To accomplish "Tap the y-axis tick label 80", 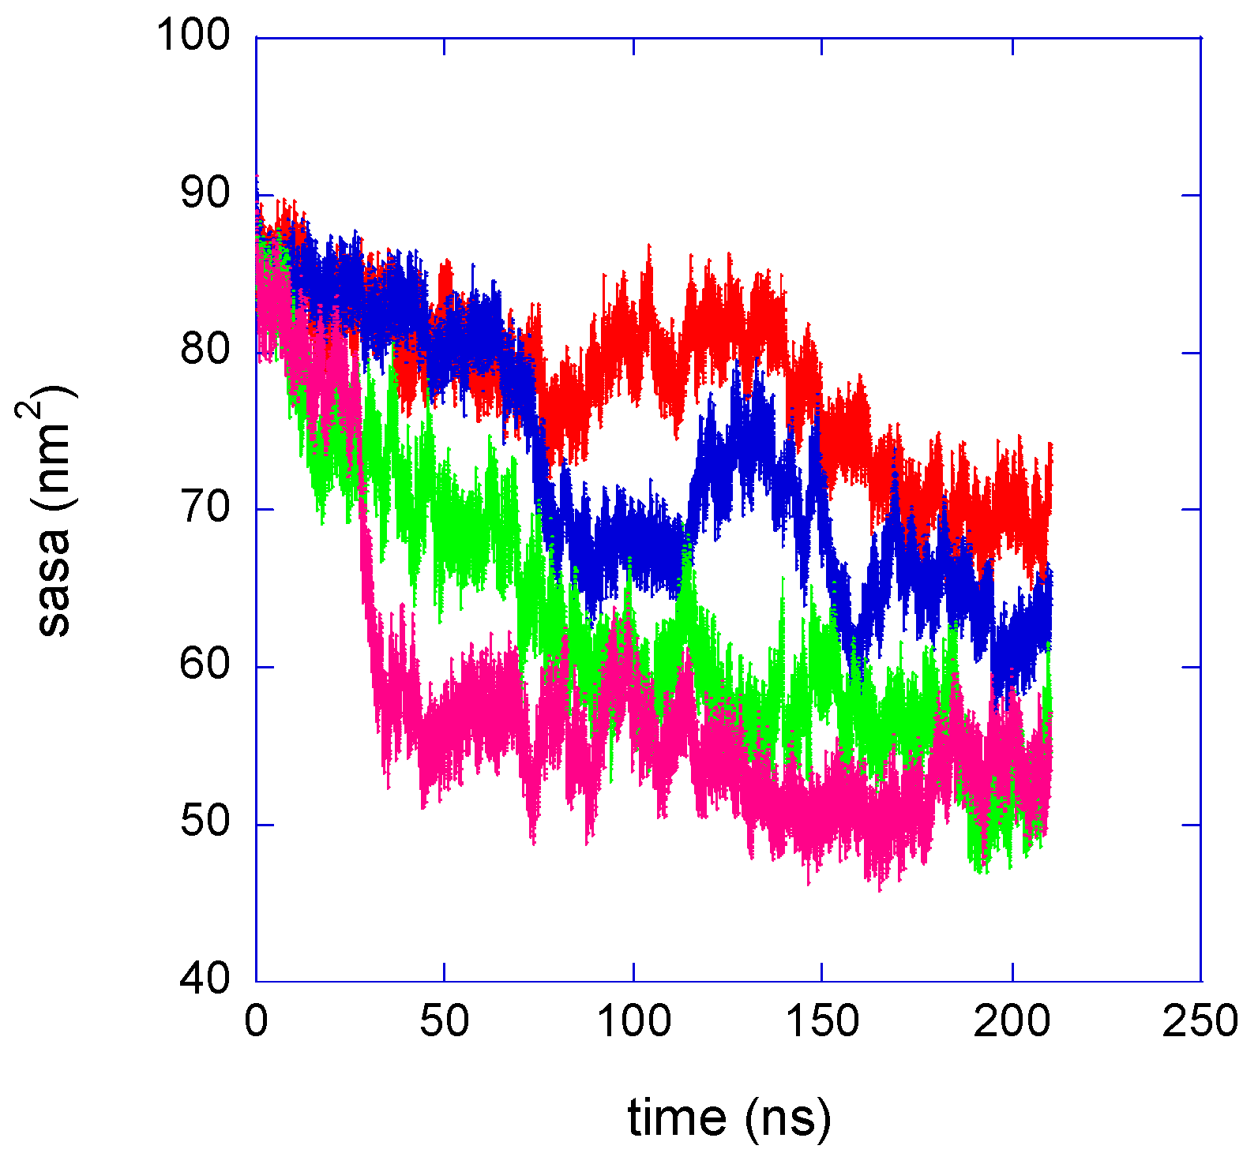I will point(205,350).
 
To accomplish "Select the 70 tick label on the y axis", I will point(205,507).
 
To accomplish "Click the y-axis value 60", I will point(205,664).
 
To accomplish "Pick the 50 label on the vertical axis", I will point(205,822).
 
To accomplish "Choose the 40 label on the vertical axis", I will point(205,979).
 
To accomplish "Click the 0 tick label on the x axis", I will point(256,1022).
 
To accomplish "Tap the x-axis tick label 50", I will point(445,1022).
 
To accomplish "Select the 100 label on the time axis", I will point(634,1022).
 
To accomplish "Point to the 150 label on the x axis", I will point(822,1022).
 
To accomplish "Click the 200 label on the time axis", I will point(1012,1022).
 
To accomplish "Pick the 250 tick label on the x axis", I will point(1200,1022).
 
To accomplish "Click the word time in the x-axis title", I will point(677,1118).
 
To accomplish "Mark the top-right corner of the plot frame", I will point(1200,37).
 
